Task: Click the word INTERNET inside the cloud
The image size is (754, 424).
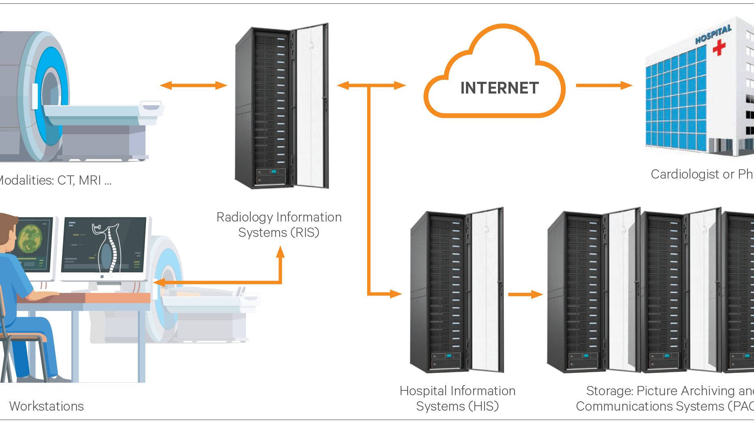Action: coord(499,88)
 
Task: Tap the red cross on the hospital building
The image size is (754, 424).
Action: coord(719,47)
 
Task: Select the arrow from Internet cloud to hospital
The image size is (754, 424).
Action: coord(604,85)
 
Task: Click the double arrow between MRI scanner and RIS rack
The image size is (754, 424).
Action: coord(193,85)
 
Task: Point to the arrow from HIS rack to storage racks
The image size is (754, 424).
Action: coord(525,294)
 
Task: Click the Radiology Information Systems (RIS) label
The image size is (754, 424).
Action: coord(279,225)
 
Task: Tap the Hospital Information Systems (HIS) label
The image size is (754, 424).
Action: coord(457,398)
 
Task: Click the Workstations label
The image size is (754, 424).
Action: coord(46,406)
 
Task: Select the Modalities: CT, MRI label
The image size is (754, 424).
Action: coord(55,180)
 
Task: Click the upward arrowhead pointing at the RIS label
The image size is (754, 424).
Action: coord(280,252)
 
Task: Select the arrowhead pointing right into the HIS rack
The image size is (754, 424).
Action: coord(395,294)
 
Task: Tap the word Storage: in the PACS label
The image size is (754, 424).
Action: coord(609,391)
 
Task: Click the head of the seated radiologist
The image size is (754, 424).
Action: coord(6,229)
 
